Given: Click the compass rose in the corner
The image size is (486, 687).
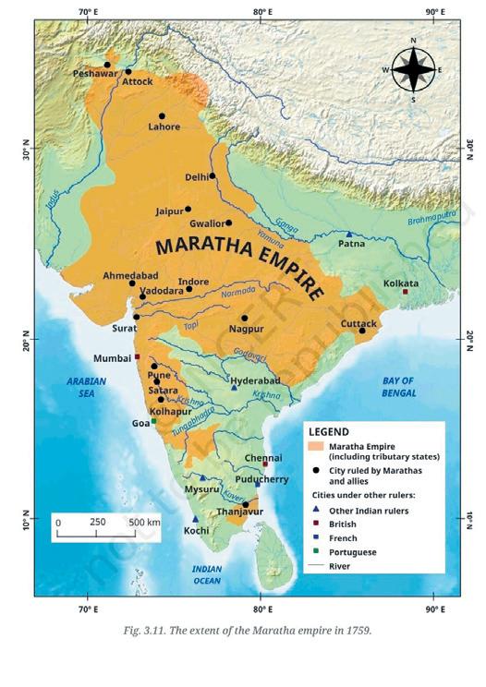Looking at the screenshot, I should [413, 69].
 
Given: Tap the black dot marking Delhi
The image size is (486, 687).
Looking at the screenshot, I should [213, 175].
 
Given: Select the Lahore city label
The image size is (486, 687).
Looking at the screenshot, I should [164, 127].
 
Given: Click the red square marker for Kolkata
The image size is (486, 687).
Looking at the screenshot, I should [405, 292].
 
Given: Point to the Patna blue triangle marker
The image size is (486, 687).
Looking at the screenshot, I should [349, 235].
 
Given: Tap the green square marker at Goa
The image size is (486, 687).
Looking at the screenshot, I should [154, 421].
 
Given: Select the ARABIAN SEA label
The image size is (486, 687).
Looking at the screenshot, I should [86, 387].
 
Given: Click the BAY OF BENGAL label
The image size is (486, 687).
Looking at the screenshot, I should [404, 387].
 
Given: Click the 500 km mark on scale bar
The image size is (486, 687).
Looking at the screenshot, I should [143, 522].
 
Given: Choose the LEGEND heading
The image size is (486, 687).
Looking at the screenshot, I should [328, 431].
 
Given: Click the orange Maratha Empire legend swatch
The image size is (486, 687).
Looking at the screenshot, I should [316, 446].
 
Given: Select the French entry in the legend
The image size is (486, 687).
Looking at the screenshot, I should [343, 537].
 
